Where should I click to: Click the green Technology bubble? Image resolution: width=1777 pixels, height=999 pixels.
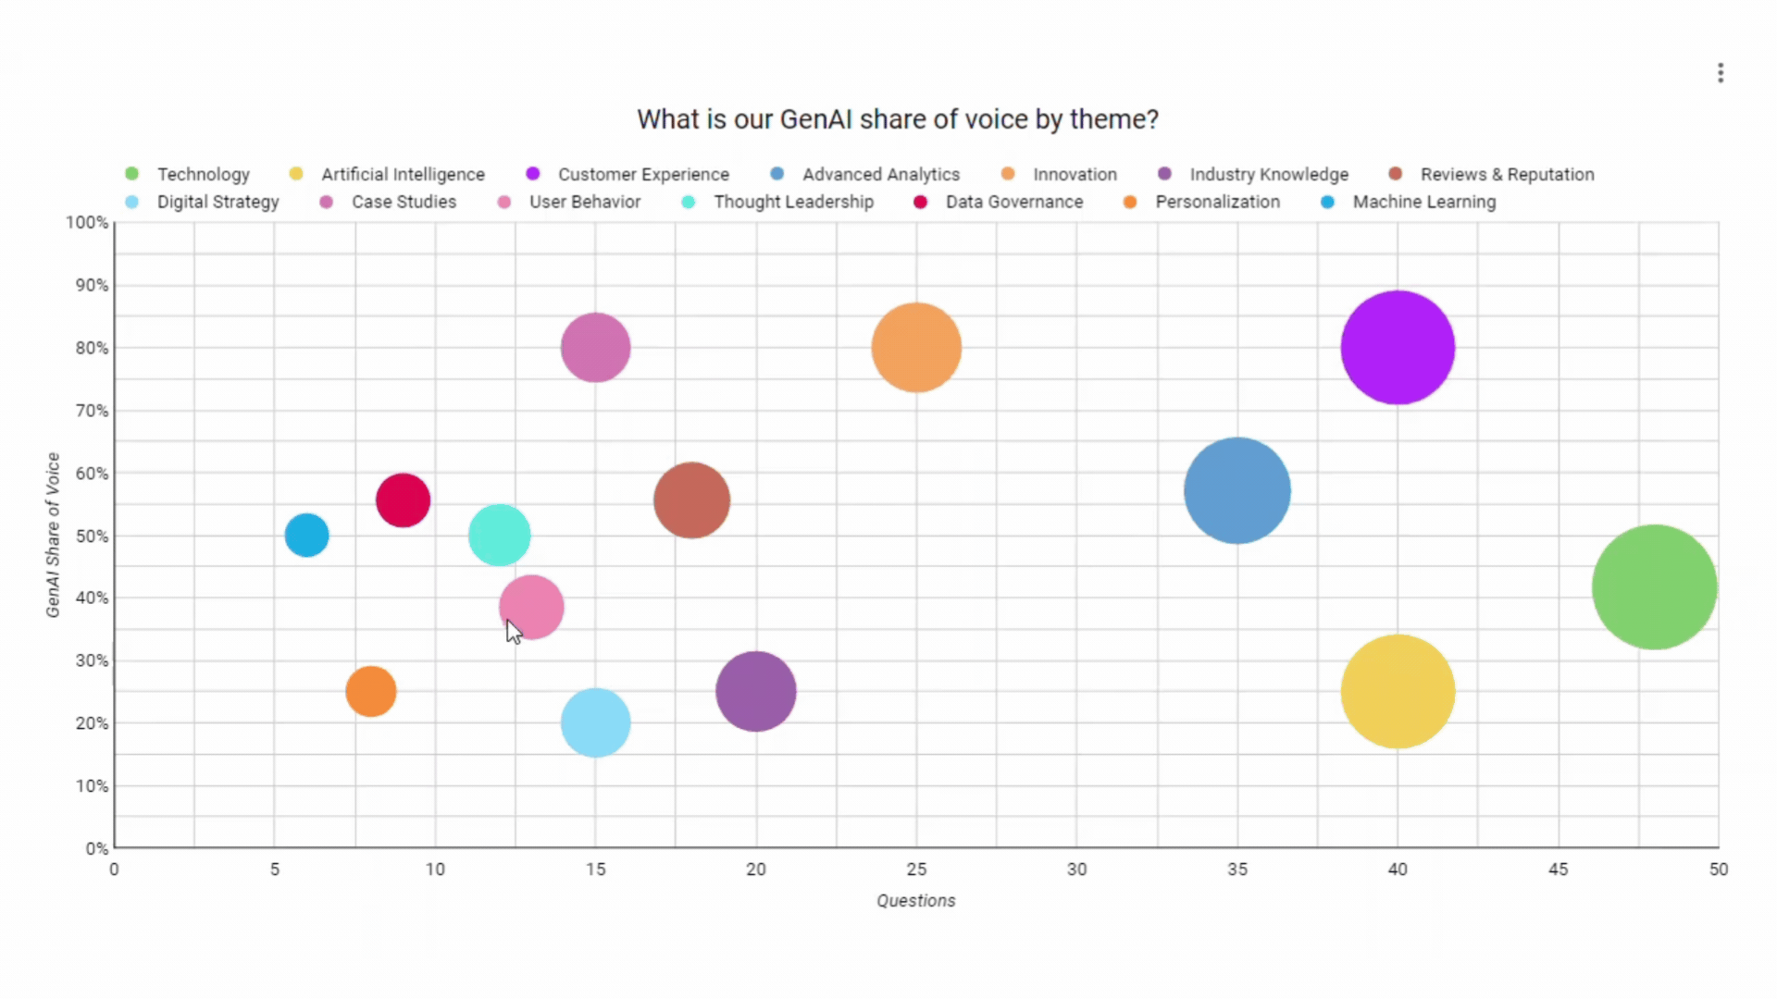1654,586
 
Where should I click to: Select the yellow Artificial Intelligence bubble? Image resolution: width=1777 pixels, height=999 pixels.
1398,691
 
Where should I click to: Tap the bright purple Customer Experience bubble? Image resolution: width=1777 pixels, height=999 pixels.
1398,348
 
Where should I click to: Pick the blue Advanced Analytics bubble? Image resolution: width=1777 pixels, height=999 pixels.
1236,490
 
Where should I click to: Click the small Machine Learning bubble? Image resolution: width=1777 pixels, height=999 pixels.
306,535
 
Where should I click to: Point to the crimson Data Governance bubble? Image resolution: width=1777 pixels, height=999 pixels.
403,500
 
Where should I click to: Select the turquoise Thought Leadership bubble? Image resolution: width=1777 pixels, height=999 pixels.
499,535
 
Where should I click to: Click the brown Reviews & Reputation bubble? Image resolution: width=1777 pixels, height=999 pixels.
691,500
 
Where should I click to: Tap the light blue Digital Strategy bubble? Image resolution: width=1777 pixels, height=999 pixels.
595,722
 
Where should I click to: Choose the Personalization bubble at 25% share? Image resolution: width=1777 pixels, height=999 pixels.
370,691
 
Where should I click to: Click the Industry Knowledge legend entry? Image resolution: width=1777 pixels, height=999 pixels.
1268,174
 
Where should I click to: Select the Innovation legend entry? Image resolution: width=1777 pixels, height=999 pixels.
1074,174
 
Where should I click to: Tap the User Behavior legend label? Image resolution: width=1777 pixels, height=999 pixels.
584,202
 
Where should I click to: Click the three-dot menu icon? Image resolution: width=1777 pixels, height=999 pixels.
1720,73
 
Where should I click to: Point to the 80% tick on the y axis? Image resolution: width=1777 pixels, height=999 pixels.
92,348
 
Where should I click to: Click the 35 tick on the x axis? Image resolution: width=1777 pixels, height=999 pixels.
1236,869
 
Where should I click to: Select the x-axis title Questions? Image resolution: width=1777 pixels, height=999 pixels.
915,901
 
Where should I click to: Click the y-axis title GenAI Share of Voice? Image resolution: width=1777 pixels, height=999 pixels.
53,535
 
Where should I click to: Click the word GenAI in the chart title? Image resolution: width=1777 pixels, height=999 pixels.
816,119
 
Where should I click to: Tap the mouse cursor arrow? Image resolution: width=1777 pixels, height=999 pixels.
514,632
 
